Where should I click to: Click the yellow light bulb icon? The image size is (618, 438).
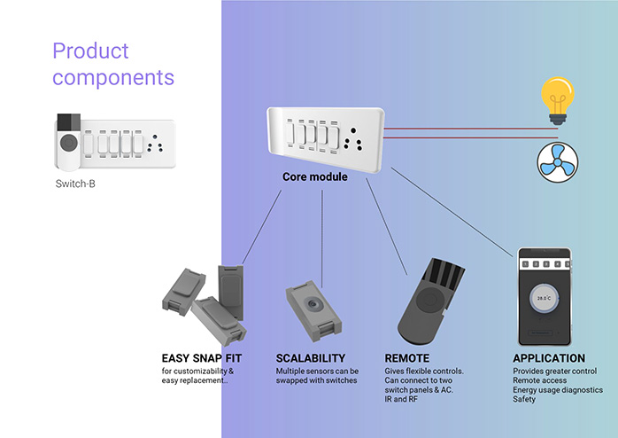557,100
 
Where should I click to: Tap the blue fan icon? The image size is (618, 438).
557,162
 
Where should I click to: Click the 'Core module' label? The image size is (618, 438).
315,176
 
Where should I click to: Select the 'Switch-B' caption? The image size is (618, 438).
75,184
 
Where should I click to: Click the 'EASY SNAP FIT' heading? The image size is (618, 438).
201,358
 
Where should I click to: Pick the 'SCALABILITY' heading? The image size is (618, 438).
311,358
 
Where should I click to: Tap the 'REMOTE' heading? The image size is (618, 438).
407,358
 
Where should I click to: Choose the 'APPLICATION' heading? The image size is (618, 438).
549,358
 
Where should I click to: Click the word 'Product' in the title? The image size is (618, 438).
90,51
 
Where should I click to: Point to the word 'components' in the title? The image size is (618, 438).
113,77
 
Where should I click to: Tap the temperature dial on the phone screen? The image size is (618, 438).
544,298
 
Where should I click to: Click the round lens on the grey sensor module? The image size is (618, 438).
313,304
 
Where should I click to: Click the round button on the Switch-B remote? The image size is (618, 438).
69,143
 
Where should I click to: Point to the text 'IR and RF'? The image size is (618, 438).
401,399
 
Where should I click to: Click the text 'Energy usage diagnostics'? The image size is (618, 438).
558,390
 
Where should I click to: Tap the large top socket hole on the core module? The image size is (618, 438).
353,130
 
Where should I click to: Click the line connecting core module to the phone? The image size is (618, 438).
452,212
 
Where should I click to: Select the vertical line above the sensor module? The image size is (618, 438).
322,239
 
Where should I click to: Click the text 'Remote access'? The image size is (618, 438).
539,380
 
